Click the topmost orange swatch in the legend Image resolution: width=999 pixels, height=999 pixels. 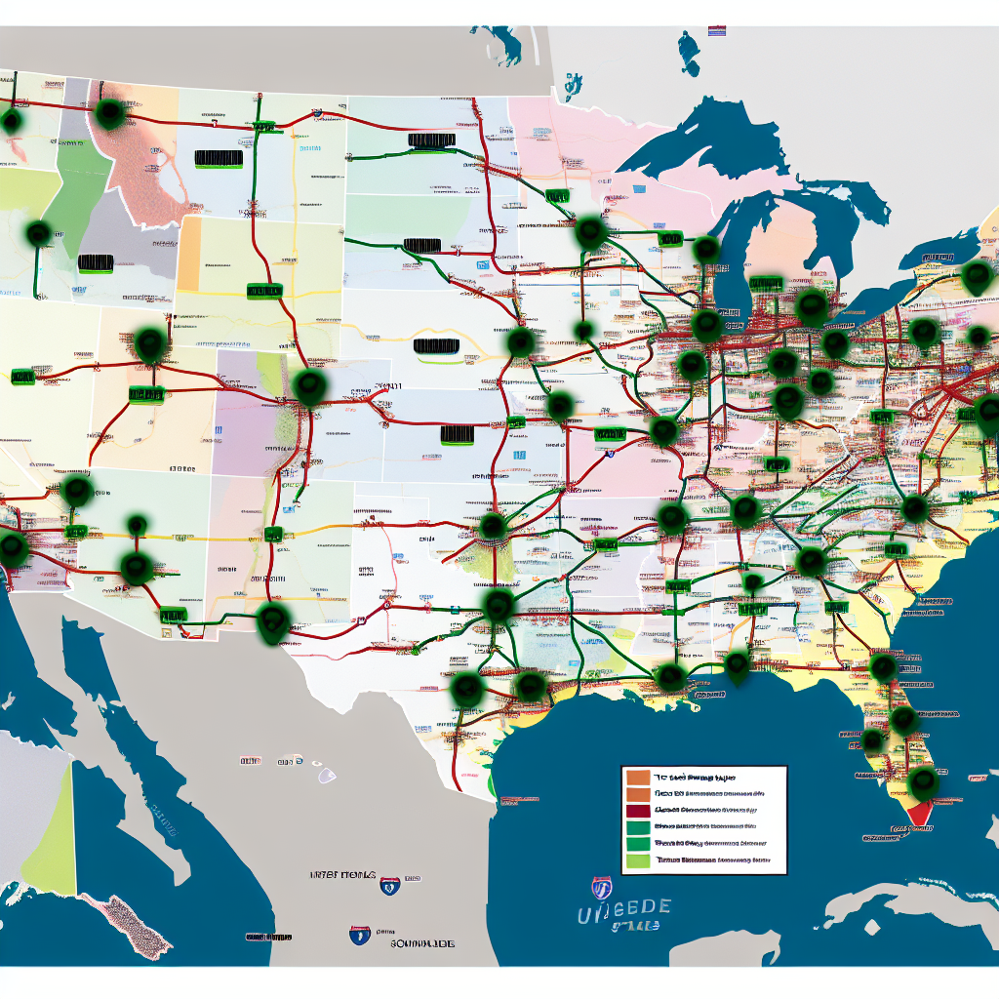(x=636, y=778)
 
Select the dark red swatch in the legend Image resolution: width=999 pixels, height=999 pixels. (x=636, y=810)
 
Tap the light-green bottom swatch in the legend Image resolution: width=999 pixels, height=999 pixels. (x=636, y=860)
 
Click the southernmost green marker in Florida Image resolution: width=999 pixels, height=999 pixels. (x=922, y=781)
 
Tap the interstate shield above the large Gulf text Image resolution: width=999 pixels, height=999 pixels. (x=602, y=887)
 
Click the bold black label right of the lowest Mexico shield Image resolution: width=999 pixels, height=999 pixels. (x=421, y=944)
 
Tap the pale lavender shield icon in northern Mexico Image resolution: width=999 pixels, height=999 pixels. (x=326, y=776)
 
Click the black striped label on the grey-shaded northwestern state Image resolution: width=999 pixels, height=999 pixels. (x=96, y=262)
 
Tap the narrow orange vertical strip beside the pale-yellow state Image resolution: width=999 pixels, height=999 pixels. (x=188, y=254)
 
